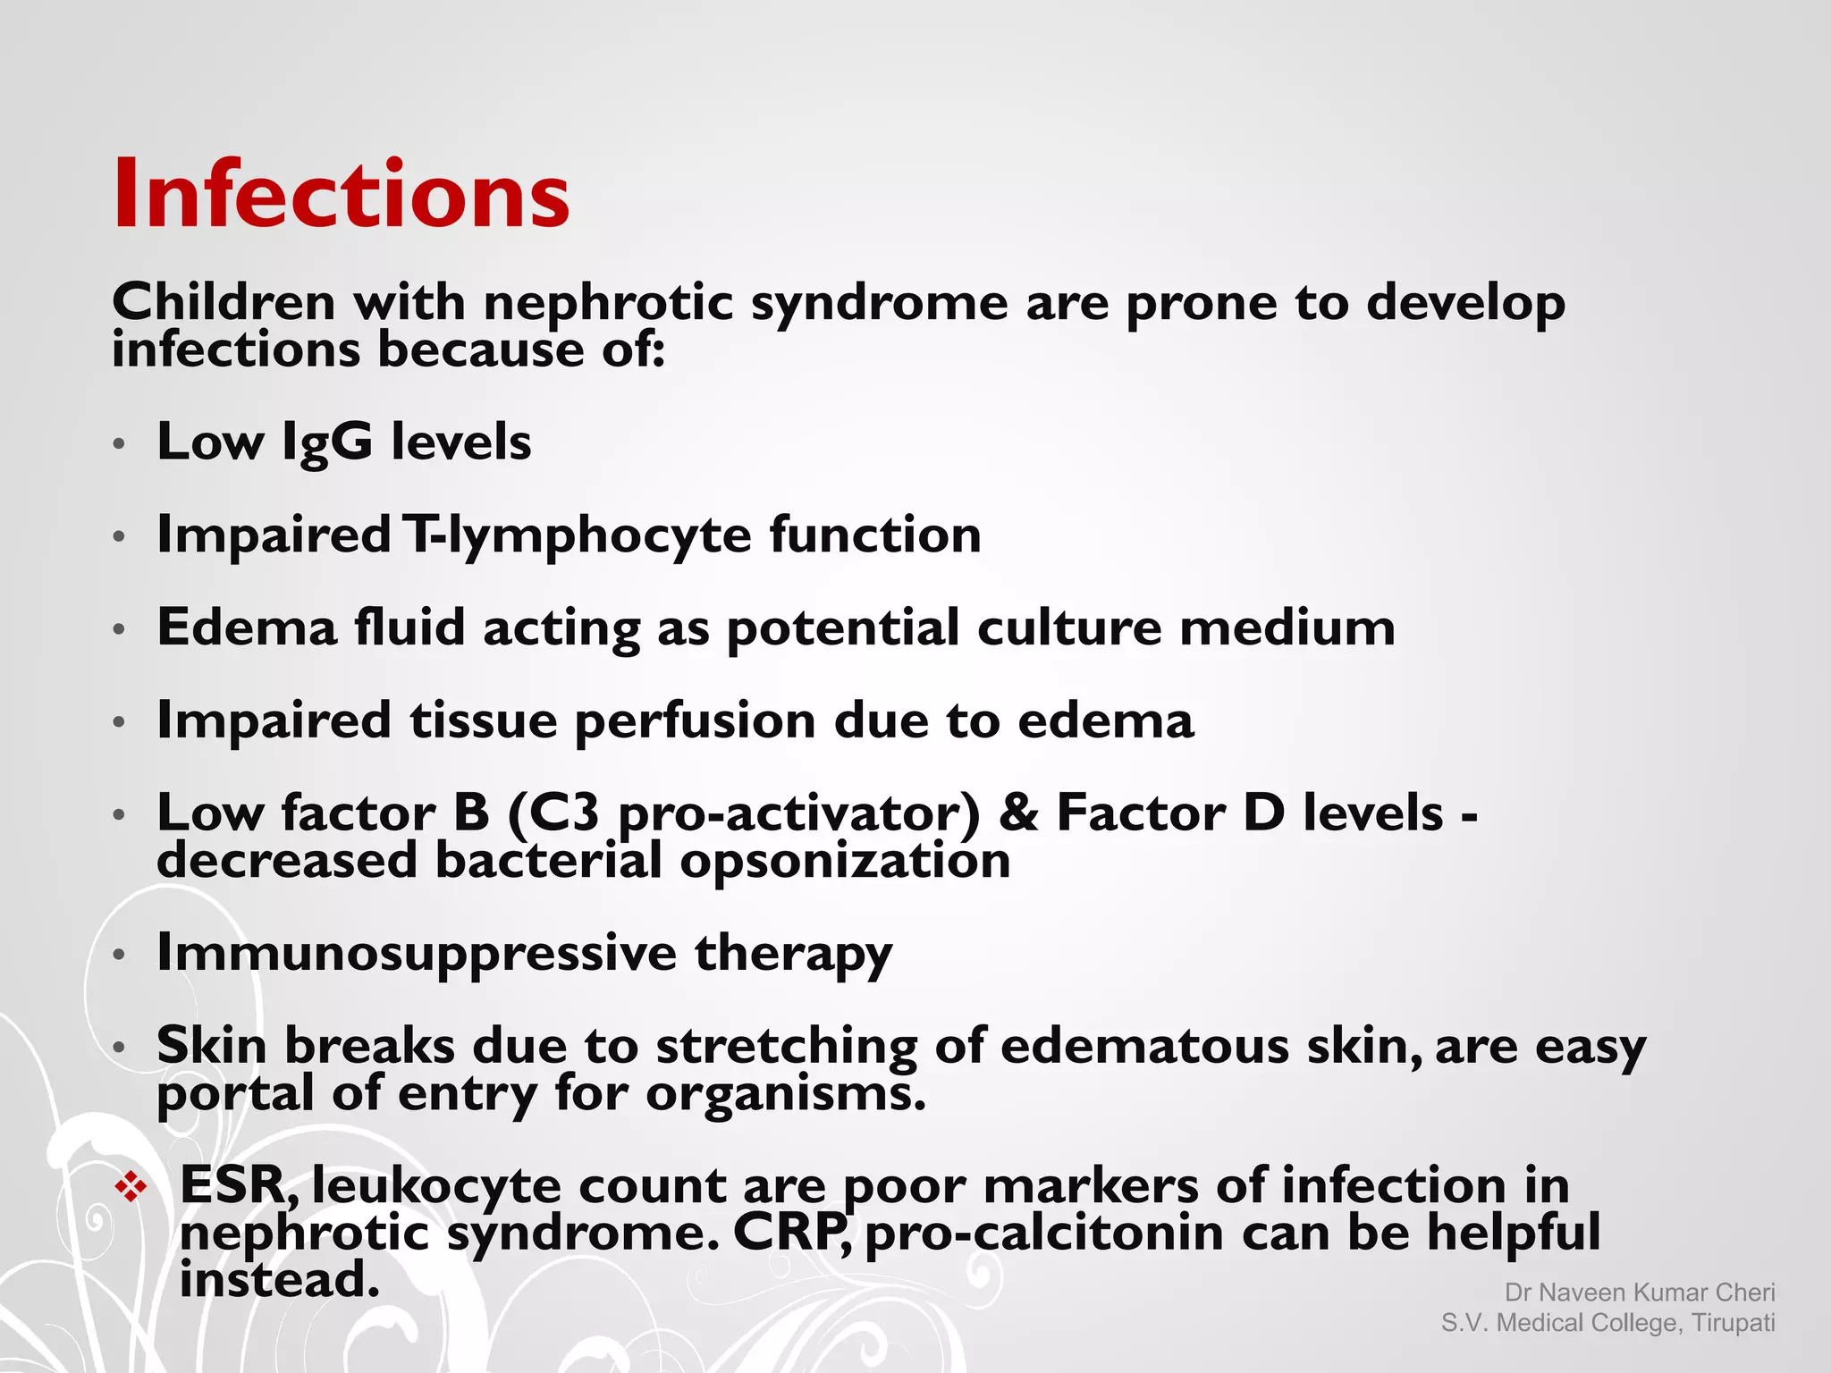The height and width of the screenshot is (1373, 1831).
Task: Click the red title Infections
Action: click(341, 194)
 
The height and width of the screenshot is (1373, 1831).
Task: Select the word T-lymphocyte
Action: click(577, 535)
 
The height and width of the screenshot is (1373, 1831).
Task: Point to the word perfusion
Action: click(695, 720)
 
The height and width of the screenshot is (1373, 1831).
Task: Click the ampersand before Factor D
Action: click(1017, 813)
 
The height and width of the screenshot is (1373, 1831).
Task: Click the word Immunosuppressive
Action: click(416, 953)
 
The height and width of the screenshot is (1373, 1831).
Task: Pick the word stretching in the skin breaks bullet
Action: click(786, 1046)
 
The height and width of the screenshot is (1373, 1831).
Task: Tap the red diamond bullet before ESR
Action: click(131, 1187)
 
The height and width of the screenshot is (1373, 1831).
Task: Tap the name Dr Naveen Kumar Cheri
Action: click(1639, 1293)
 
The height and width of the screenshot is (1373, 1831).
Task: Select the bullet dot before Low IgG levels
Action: click(120, 443)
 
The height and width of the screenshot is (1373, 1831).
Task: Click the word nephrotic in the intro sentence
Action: click(608, 303)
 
